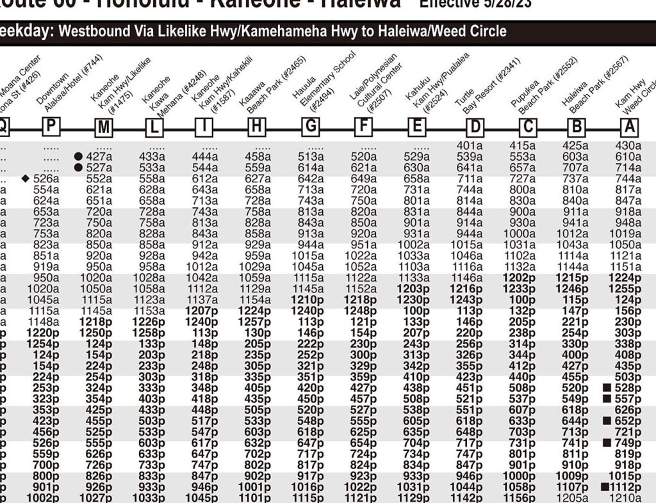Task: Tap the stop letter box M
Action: (103, 128)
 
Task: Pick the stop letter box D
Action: (475, 127)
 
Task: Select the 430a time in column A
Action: (628, 145)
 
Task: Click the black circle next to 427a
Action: (78, 156)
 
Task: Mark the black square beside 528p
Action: (605, 388)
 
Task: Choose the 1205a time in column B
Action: (575, 497)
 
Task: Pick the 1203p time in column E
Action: (417, 289)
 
